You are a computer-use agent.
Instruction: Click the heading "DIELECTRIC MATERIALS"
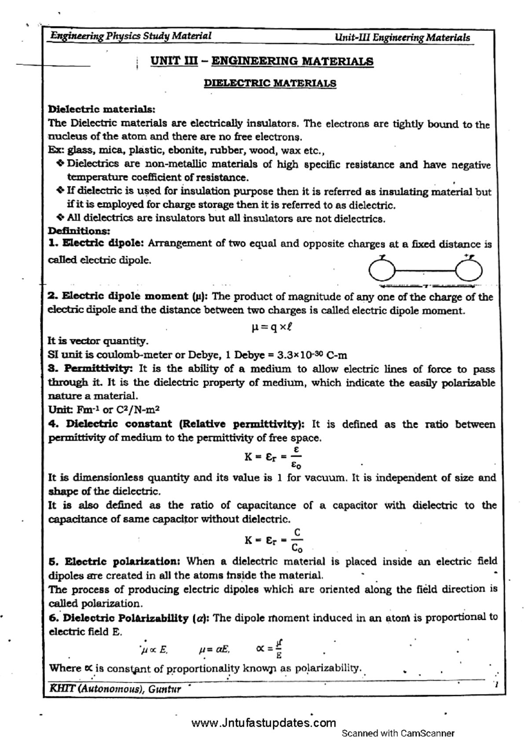tap(270, 83)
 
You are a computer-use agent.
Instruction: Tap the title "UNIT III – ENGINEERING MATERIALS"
tap(262, 61)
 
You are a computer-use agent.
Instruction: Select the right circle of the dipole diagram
tap(469, 270)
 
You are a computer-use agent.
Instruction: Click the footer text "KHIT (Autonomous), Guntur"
tap(116, 689)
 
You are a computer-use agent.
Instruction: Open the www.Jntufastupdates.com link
tap(264, 723)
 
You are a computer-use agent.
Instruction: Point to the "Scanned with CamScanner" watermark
tap(398, 733)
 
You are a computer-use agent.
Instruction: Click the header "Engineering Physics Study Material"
tap(131, 36)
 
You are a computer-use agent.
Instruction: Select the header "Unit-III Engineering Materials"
tap(402, 38)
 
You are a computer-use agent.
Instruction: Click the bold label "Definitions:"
tap(79, 231)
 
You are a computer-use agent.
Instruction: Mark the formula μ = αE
tap(214, 649)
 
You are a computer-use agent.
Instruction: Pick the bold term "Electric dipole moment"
tap(125, 296)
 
